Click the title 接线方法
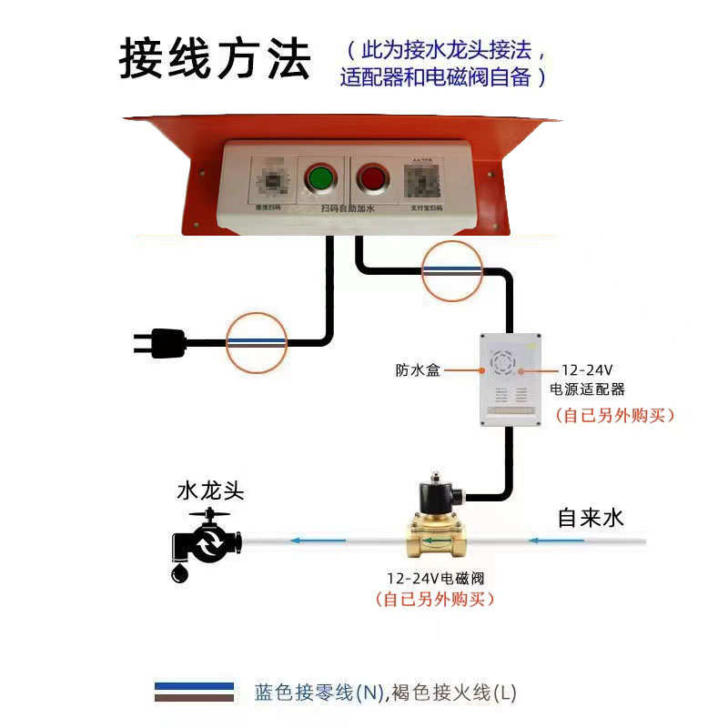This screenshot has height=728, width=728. click(216, 58)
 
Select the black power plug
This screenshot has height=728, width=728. click(162, 343)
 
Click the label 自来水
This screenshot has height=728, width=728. click(591, 518)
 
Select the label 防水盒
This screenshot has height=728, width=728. click(418, 371)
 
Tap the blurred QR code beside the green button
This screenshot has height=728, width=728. click(272, 179)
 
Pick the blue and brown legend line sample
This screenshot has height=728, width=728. click(194, 693)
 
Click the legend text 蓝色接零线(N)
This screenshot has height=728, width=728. click(319, 693)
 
